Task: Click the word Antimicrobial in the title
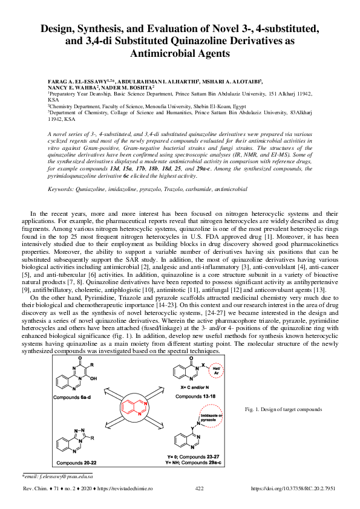click(x=180, y=53)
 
